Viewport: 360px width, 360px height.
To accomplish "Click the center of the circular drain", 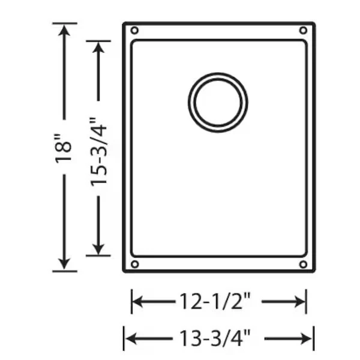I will click(218, 102).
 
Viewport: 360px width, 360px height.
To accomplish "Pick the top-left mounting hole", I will click(134, 31).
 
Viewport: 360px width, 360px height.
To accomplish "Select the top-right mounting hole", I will click(303, 31).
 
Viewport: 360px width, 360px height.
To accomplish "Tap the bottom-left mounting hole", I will click(134, 264).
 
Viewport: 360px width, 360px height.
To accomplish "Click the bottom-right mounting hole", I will click(303, 264).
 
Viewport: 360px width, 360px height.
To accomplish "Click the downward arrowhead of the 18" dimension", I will click(65, 263).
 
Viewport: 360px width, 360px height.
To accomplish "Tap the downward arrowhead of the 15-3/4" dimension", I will click(99, 248).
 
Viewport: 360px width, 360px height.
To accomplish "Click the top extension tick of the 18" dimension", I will click(65, 23).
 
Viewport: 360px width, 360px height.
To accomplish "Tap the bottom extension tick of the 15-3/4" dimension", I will click(99, 256).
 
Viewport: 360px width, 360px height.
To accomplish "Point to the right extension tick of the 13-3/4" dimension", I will click(314, 338).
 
